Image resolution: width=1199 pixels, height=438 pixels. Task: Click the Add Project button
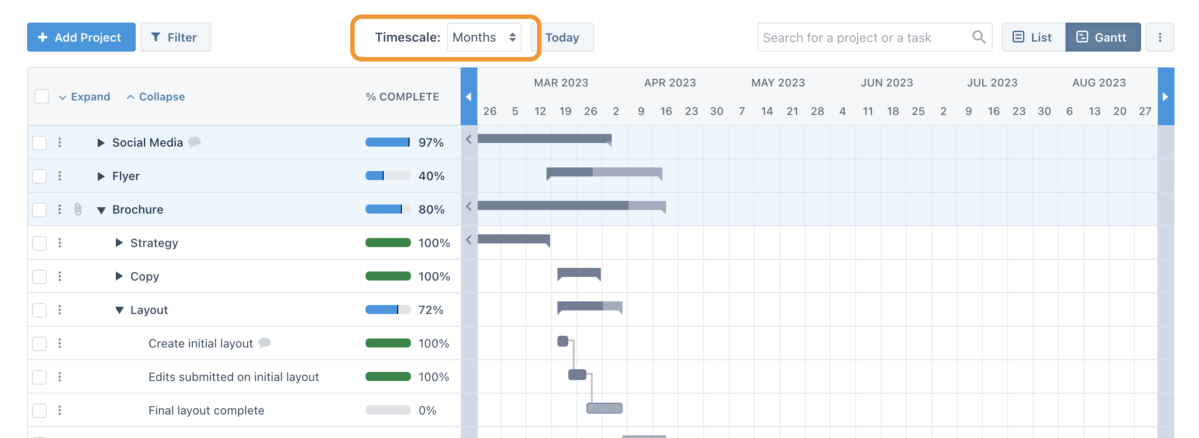click(x=81, y=37)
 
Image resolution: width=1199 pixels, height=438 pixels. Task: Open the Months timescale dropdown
click(x=484, y=37)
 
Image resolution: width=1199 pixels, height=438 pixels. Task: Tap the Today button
click(x=562, y=37)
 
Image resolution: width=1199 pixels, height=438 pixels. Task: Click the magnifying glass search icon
click(x=978, y=37)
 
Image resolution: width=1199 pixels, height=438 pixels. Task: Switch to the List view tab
click(x=1033, y=37)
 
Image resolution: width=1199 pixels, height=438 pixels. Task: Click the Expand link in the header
click(x=85, y=97)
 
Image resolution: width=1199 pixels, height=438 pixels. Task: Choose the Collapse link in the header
click(x=156, y=97)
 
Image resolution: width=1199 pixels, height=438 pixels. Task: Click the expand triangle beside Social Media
click(x=100, y=143)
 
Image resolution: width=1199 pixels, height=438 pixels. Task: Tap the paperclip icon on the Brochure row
click(x=78, y=209)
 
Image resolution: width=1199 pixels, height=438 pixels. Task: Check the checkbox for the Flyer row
click(x=39, y=176)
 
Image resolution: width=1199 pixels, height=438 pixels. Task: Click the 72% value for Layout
click(x=431, y=310)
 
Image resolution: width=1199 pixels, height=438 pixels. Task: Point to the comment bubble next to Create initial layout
click(x=264, y=343)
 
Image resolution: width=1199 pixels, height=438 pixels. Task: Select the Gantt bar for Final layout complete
click(x=604, y=408)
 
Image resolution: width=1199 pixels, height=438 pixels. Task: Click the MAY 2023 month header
click(x=778, y=83)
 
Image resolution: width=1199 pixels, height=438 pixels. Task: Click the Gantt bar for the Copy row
click(x=579, y=273)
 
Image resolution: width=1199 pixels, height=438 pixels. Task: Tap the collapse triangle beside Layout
click(x=119, y=310)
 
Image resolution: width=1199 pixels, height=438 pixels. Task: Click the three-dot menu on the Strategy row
click(x=60, y=243)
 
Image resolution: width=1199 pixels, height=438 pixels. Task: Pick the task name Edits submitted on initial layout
click(x=233, y=377)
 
